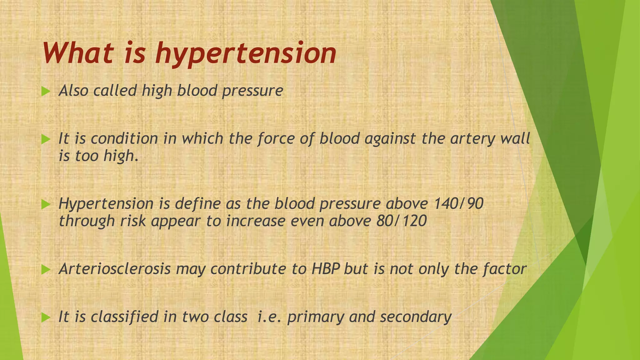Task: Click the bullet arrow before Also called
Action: click(46, 92)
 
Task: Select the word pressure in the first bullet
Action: click(252, 91)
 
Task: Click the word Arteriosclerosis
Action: click(115, 269)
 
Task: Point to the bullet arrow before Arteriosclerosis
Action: click(46, 269)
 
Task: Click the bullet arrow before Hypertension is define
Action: click(46, 205)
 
